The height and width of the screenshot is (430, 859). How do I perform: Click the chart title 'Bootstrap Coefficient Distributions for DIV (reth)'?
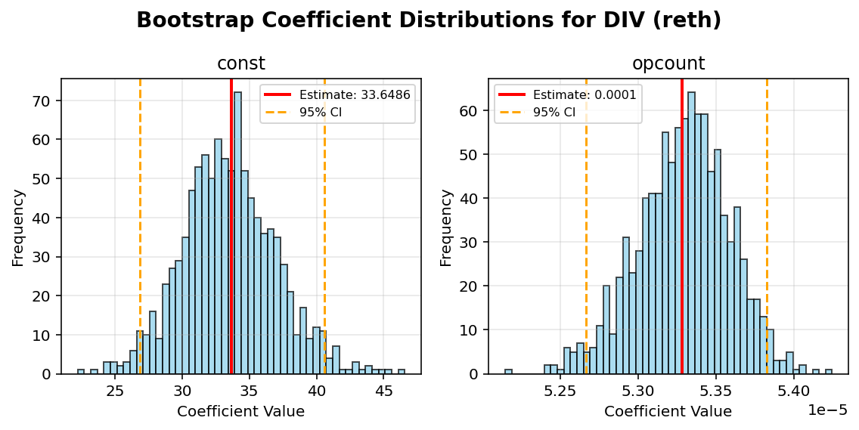pyautogui.click(x=429, y=20)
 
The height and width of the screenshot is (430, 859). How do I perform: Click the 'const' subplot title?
pyautogui.click(x=240, y=64)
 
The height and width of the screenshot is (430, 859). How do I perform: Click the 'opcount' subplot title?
pyautogui.click(x=668, y=64)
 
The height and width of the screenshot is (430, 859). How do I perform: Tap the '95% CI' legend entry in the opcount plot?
pyautogui.click(x=554, y=112)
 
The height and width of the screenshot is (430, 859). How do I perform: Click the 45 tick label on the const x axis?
pyautogui.click(x=384, y=391)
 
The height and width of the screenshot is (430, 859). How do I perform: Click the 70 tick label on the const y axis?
pyautogui.click(x=45, y=101)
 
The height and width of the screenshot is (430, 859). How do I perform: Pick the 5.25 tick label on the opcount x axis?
pyautogui.click(x=560, y=391)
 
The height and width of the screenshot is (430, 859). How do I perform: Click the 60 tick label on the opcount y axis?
pyautogui.click(x=473, y=111)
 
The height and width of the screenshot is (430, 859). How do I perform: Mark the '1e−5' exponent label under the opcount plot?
pyautogui.click(x=827, y=410)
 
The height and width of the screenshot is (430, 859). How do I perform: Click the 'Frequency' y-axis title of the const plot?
pyautogui.click(x=18, y=227)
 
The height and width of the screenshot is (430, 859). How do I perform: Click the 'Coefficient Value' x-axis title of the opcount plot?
pyautogui.click(x=668, y=412)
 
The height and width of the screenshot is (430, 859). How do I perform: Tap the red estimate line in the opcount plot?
pyautogui.click(x=681, y=227)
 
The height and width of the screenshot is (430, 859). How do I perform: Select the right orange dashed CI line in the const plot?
pyautogui.click(x=324, y=227)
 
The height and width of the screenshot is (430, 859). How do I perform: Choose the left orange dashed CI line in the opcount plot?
pyautogui.click(x=586, y=227)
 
